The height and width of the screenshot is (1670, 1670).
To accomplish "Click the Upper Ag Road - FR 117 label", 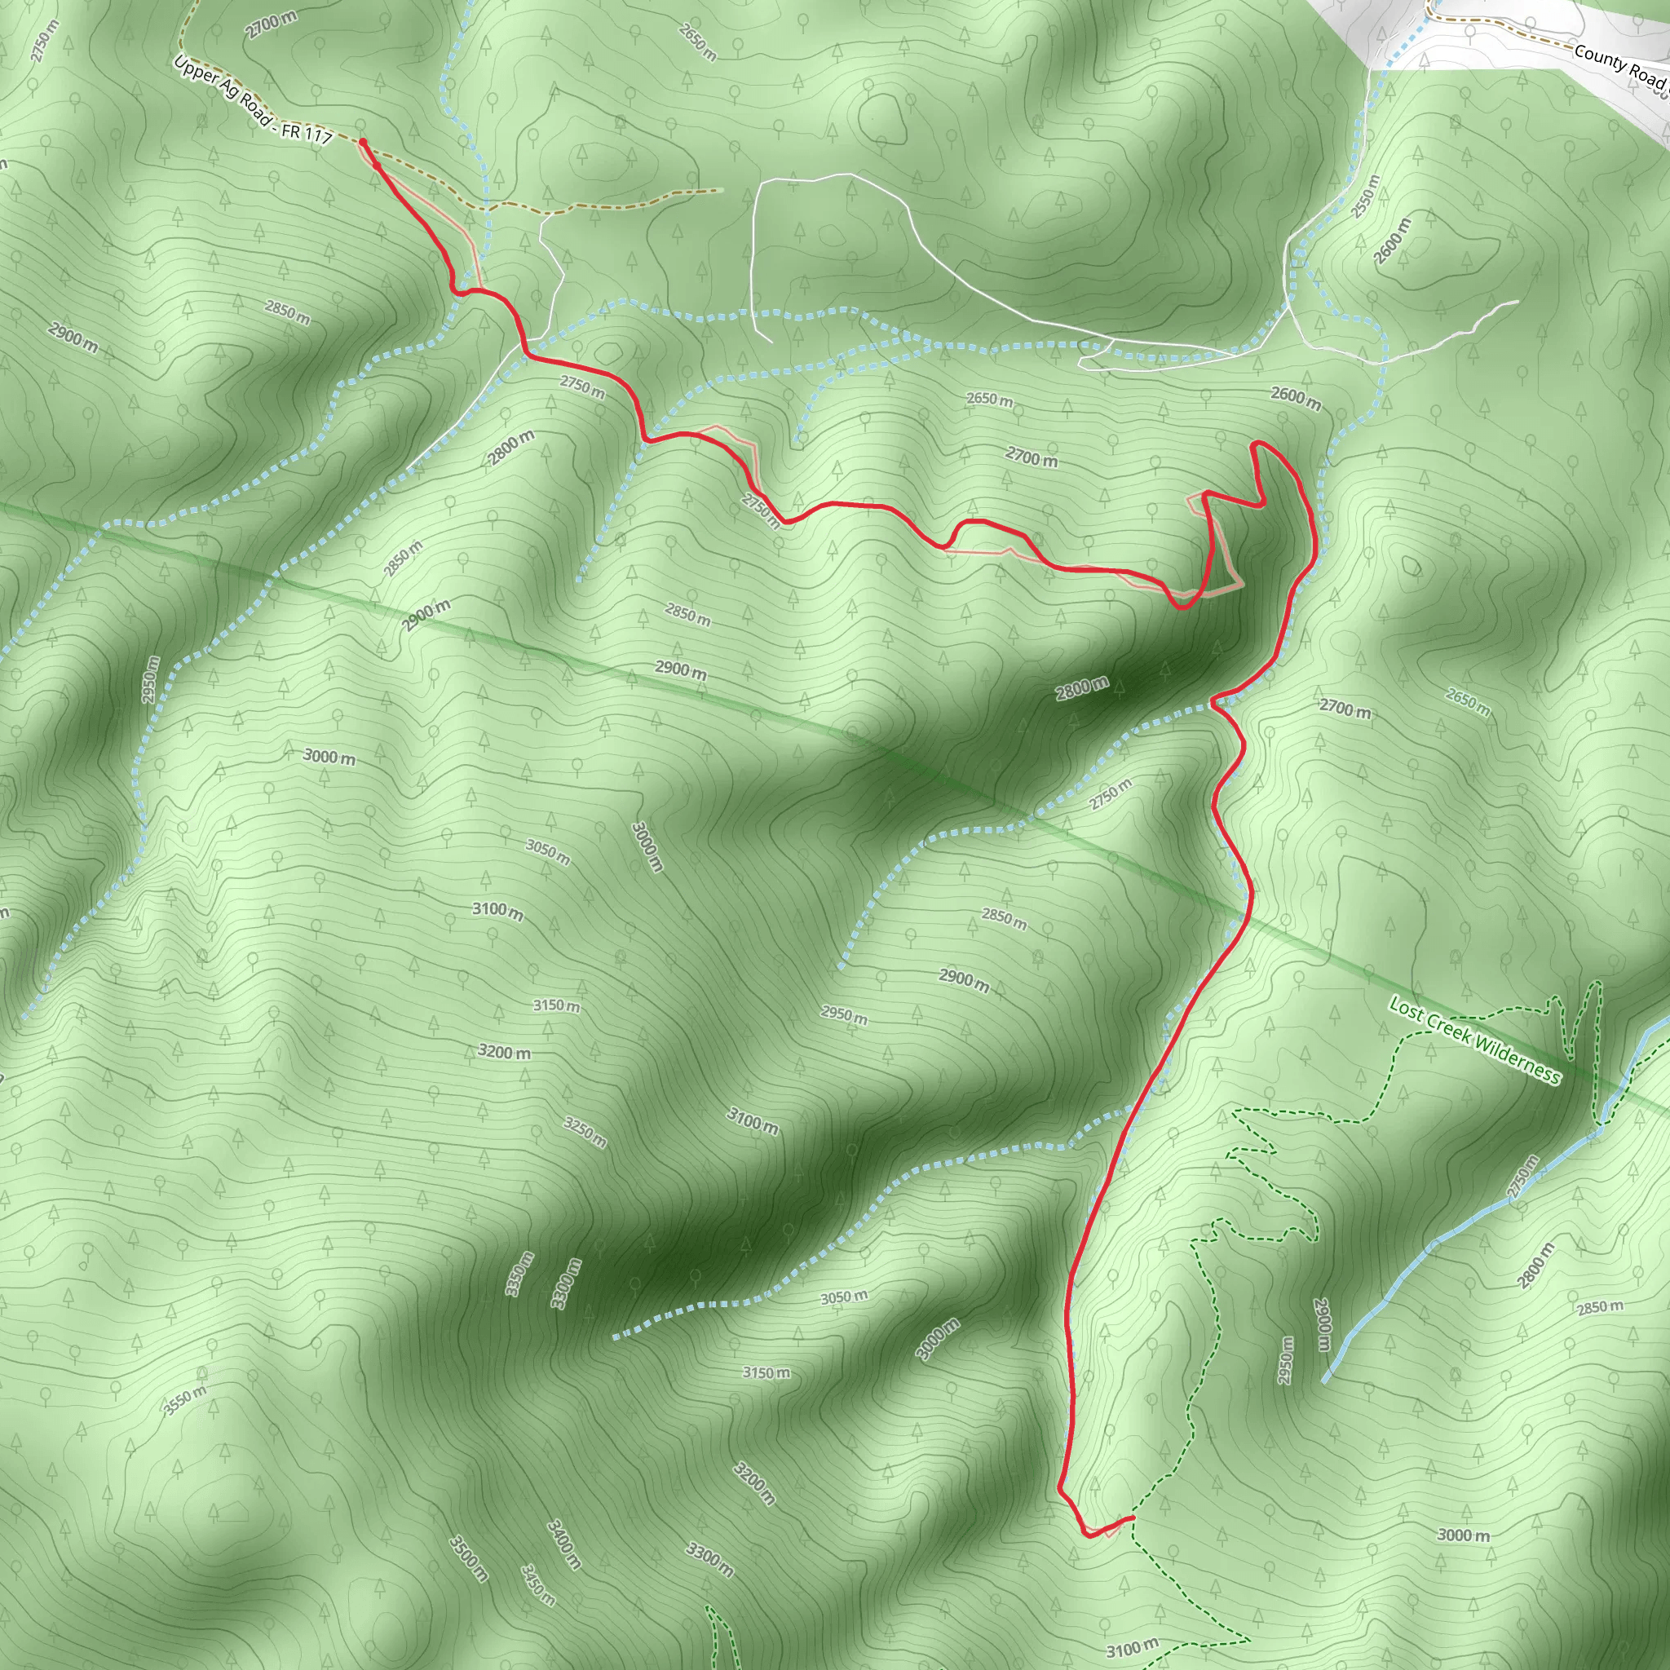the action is click(x=253, y=101).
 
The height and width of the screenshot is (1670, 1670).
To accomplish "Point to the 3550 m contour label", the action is click(x=185, y=1400).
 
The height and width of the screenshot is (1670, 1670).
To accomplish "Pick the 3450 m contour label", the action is click(x=537, y=1584).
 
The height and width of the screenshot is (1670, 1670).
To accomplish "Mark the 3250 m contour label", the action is click(x=585, y=1132).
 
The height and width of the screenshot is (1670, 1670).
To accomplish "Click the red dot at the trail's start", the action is click(x=363, y=142).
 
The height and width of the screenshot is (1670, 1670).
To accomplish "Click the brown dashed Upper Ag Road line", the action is click(x=605, y=201).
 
